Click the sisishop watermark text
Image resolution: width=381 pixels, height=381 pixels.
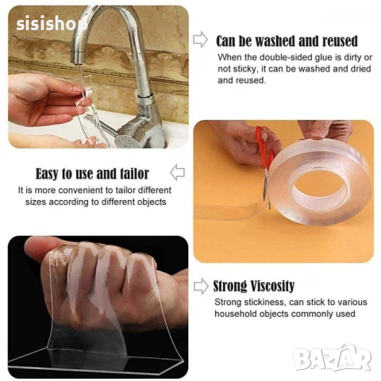click(52, 24)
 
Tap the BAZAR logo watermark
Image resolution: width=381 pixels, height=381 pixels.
click(333, 358)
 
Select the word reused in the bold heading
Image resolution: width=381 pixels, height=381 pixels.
click(340, 41)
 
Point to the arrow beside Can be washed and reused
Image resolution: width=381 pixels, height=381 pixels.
click(200, 40)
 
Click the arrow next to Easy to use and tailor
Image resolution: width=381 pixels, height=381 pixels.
click(177, 172)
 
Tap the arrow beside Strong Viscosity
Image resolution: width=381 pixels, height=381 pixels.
click(201, 287)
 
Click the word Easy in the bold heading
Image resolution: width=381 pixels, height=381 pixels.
click(47, 175)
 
